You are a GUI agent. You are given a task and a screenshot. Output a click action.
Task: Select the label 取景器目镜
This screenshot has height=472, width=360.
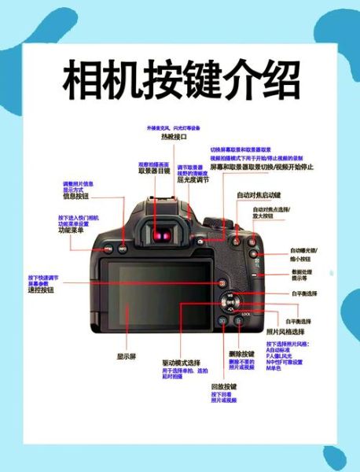point(154,171)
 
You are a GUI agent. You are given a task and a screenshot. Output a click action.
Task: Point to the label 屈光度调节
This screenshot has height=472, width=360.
point(193,179)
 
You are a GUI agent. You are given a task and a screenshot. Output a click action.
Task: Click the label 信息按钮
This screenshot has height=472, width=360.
point(76,196)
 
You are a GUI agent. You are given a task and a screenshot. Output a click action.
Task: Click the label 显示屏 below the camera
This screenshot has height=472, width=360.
point(127,356)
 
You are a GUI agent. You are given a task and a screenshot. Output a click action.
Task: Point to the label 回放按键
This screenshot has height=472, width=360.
point(223,387)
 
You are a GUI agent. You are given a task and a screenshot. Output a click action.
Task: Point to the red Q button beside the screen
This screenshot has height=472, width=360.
point(222,282)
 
